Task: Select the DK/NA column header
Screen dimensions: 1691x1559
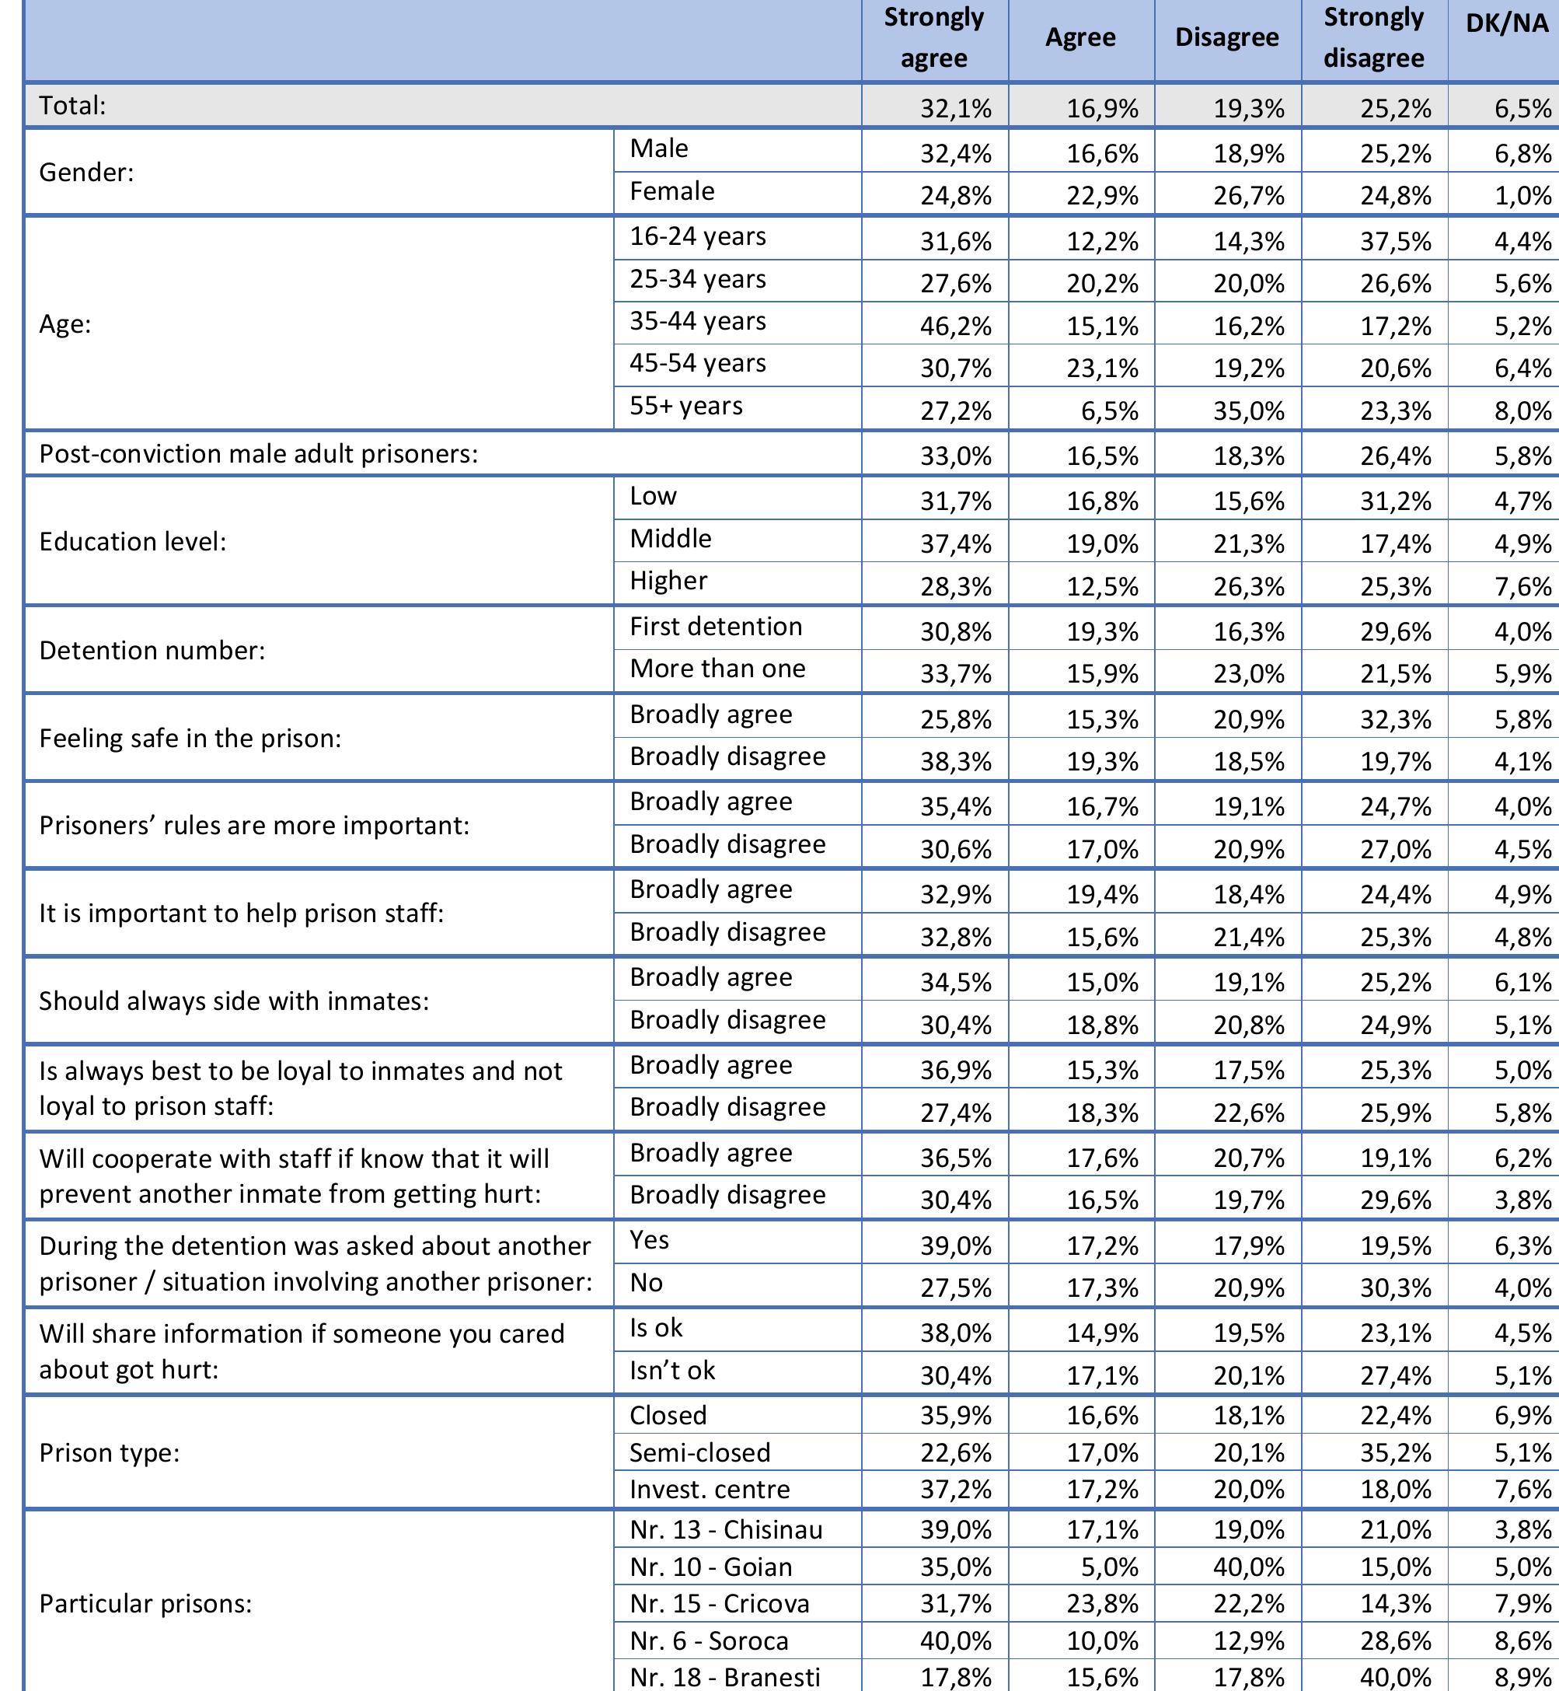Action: (1507, 23)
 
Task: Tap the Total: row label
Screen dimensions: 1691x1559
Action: (72, 106)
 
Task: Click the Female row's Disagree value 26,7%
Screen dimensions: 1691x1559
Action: (1249, 196)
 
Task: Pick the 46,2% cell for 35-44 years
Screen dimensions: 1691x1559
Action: (955, 326)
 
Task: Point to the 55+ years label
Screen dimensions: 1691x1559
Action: (686, 406)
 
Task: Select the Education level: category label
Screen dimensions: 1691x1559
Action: (132, 541)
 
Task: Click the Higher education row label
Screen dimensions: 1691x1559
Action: (668, 581)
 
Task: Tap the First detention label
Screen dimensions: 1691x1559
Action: (716, 626)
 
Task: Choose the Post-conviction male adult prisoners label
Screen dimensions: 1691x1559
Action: (258, 454)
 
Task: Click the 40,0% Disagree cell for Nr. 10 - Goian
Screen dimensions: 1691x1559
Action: (1249, 1567)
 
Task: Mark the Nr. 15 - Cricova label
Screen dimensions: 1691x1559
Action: (719, 1603)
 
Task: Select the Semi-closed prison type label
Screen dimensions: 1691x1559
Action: (699, 1452)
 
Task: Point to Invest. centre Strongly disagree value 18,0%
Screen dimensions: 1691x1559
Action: (1395, 1490)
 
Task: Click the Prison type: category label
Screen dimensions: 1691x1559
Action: (109, 1452)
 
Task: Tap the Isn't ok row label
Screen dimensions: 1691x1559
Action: (671, 1371)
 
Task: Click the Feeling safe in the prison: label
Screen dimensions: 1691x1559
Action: (190, 739)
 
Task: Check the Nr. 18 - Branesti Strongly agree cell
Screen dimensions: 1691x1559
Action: (955, 1677)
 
